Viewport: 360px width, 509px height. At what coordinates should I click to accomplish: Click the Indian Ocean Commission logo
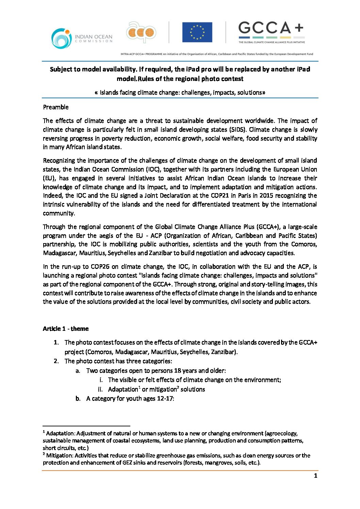pos(82,38)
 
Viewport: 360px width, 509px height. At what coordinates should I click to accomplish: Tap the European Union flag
pos(197,32)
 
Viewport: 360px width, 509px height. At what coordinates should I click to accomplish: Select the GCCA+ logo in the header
pos(271,33)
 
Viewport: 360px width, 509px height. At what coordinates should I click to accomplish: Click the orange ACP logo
pos(141,33)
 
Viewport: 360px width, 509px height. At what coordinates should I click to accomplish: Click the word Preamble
pos(56,107)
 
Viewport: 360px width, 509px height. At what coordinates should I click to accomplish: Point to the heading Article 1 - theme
pos(66,328)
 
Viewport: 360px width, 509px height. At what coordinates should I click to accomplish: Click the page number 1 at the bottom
pos(315,476)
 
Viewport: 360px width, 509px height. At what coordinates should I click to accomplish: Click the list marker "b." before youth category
pos(78,398)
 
